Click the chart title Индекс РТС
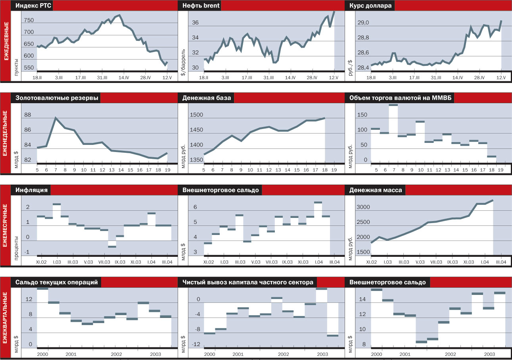tap(34, 6)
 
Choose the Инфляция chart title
tap(32, 190)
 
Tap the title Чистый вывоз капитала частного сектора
tap(248, 282)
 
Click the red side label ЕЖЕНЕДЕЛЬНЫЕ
tap(6, 133)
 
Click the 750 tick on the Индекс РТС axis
tap(29, 21)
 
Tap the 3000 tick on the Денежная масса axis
tap(363, 207)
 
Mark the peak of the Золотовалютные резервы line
tap(56, 118)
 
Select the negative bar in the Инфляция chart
tap(112, 246)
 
